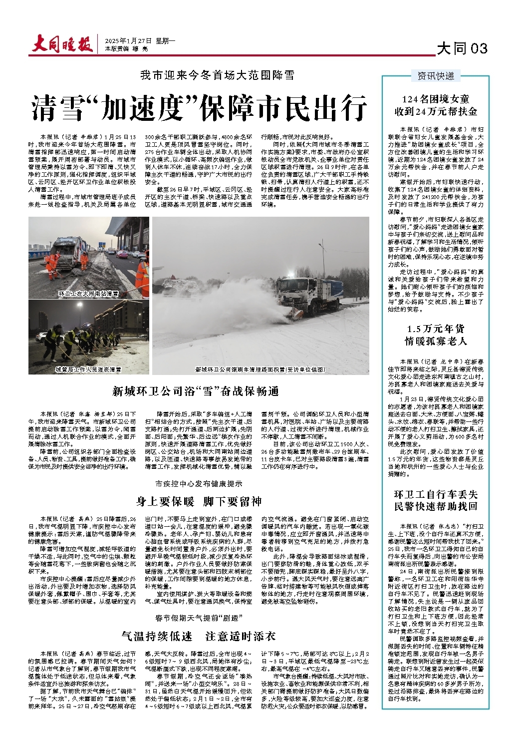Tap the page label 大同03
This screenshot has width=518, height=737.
(x=462, y=48)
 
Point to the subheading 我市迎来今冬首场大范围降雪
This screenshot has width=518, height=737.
(x=217, y=75)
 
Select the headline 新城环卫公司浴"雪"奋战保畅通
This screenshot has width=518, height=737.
(x=195, y=391)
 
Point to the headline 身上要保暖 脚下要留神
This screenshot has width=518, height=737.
(x=199, y=501)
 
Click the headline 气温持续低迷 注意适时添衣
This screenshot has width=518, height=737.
(x=199, y=636)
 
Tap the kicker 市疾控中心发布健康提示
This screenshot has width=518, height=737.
(x=199, y=483)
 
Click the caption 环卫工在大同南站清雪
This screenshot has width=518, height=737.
(x=88, y=294)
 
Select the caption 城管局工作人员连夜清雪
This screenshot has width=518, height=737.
(x=88, y=369)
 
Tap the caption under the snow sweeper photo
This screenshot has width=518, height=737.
(x=260, y=369)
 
